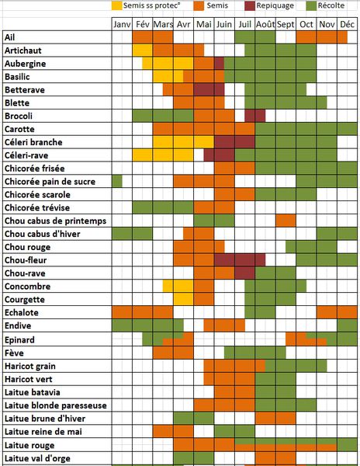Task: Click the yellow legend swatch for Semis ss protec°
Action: click(x=117, y=5)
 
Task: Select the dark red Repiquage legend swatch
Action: click(x=250, y=5)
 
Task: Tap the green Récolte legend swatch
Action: click(x=311, y=5)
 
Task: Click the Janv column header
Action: click(x=122, y=24)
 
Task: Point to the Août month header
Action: click(x=265, y=24)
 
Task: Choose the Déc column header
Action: click(x=348, y=24)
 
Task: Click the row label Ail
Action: click(x=10, y=37)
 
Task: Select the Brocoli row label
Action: click(x=19, y=116)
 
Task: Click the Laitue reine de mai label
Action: click(x=43, y=432)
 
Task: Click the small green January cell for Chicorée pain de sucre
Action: click(x=117, y=181)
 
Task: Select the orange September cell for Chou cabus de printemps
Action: click(x=286, y=221)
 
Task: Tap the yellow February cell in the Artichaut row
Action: click(x=143, y=50)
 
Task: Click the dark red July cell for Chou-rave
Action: click(x=245, y=273)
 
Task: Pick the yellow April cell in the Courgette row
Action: click(x=183, y=299)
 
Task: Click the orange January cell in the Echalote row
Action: click(x=122, y=313)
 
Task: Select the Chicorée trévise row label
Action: click(x=37, y=207)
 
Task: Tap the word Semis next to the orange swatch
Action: click(x=217, y=5)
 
